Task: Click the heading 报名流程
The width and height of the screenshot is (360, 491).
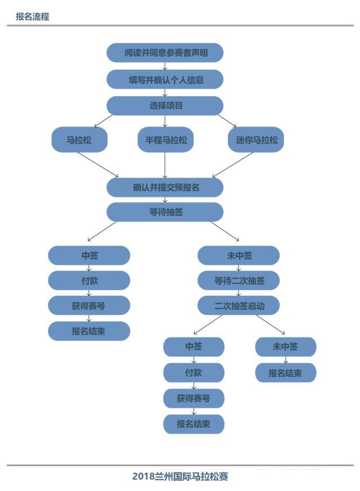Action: click(x=33, y=17)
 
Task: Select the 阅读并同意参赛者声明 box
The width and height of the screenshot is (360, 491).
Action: click(x=165, y=53)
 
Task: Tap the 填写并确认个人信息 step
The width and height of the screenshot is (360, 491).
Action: click(x=165, y=79)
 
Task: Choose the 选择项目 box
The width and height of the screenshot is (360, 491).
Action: click(x=165, y=105)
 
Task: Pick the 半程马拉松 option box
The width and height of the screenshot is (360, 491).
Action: click(x=165, y=140)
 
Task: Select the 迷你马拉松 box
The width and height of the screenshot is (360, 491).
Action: click(x=256, y=140)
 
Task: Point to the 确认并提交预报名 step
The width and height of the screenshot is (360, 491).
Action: click(x=165, y=187)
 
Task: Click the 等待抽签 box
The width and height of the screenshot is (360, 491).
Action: click(x=165, y=212)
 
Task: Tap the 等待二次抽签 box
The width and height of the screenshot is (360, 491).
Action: click(x=238, y=280)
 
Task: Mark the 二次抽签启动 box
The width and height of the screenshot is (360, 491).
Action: click(x=238, y=305)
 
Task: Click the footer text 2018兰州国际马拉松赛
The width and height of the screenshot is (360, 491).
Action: click(x=180, y=476)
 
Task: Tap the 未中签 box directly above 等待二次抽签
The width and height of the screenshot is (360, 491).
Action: click(x=238, y=255)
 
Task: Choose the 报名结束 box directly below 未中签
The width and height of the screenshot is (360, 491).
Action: click(x=285, y=372)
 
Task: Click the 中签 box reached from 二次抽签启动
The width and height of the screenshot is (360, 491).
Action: click(x=193, y=346)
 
